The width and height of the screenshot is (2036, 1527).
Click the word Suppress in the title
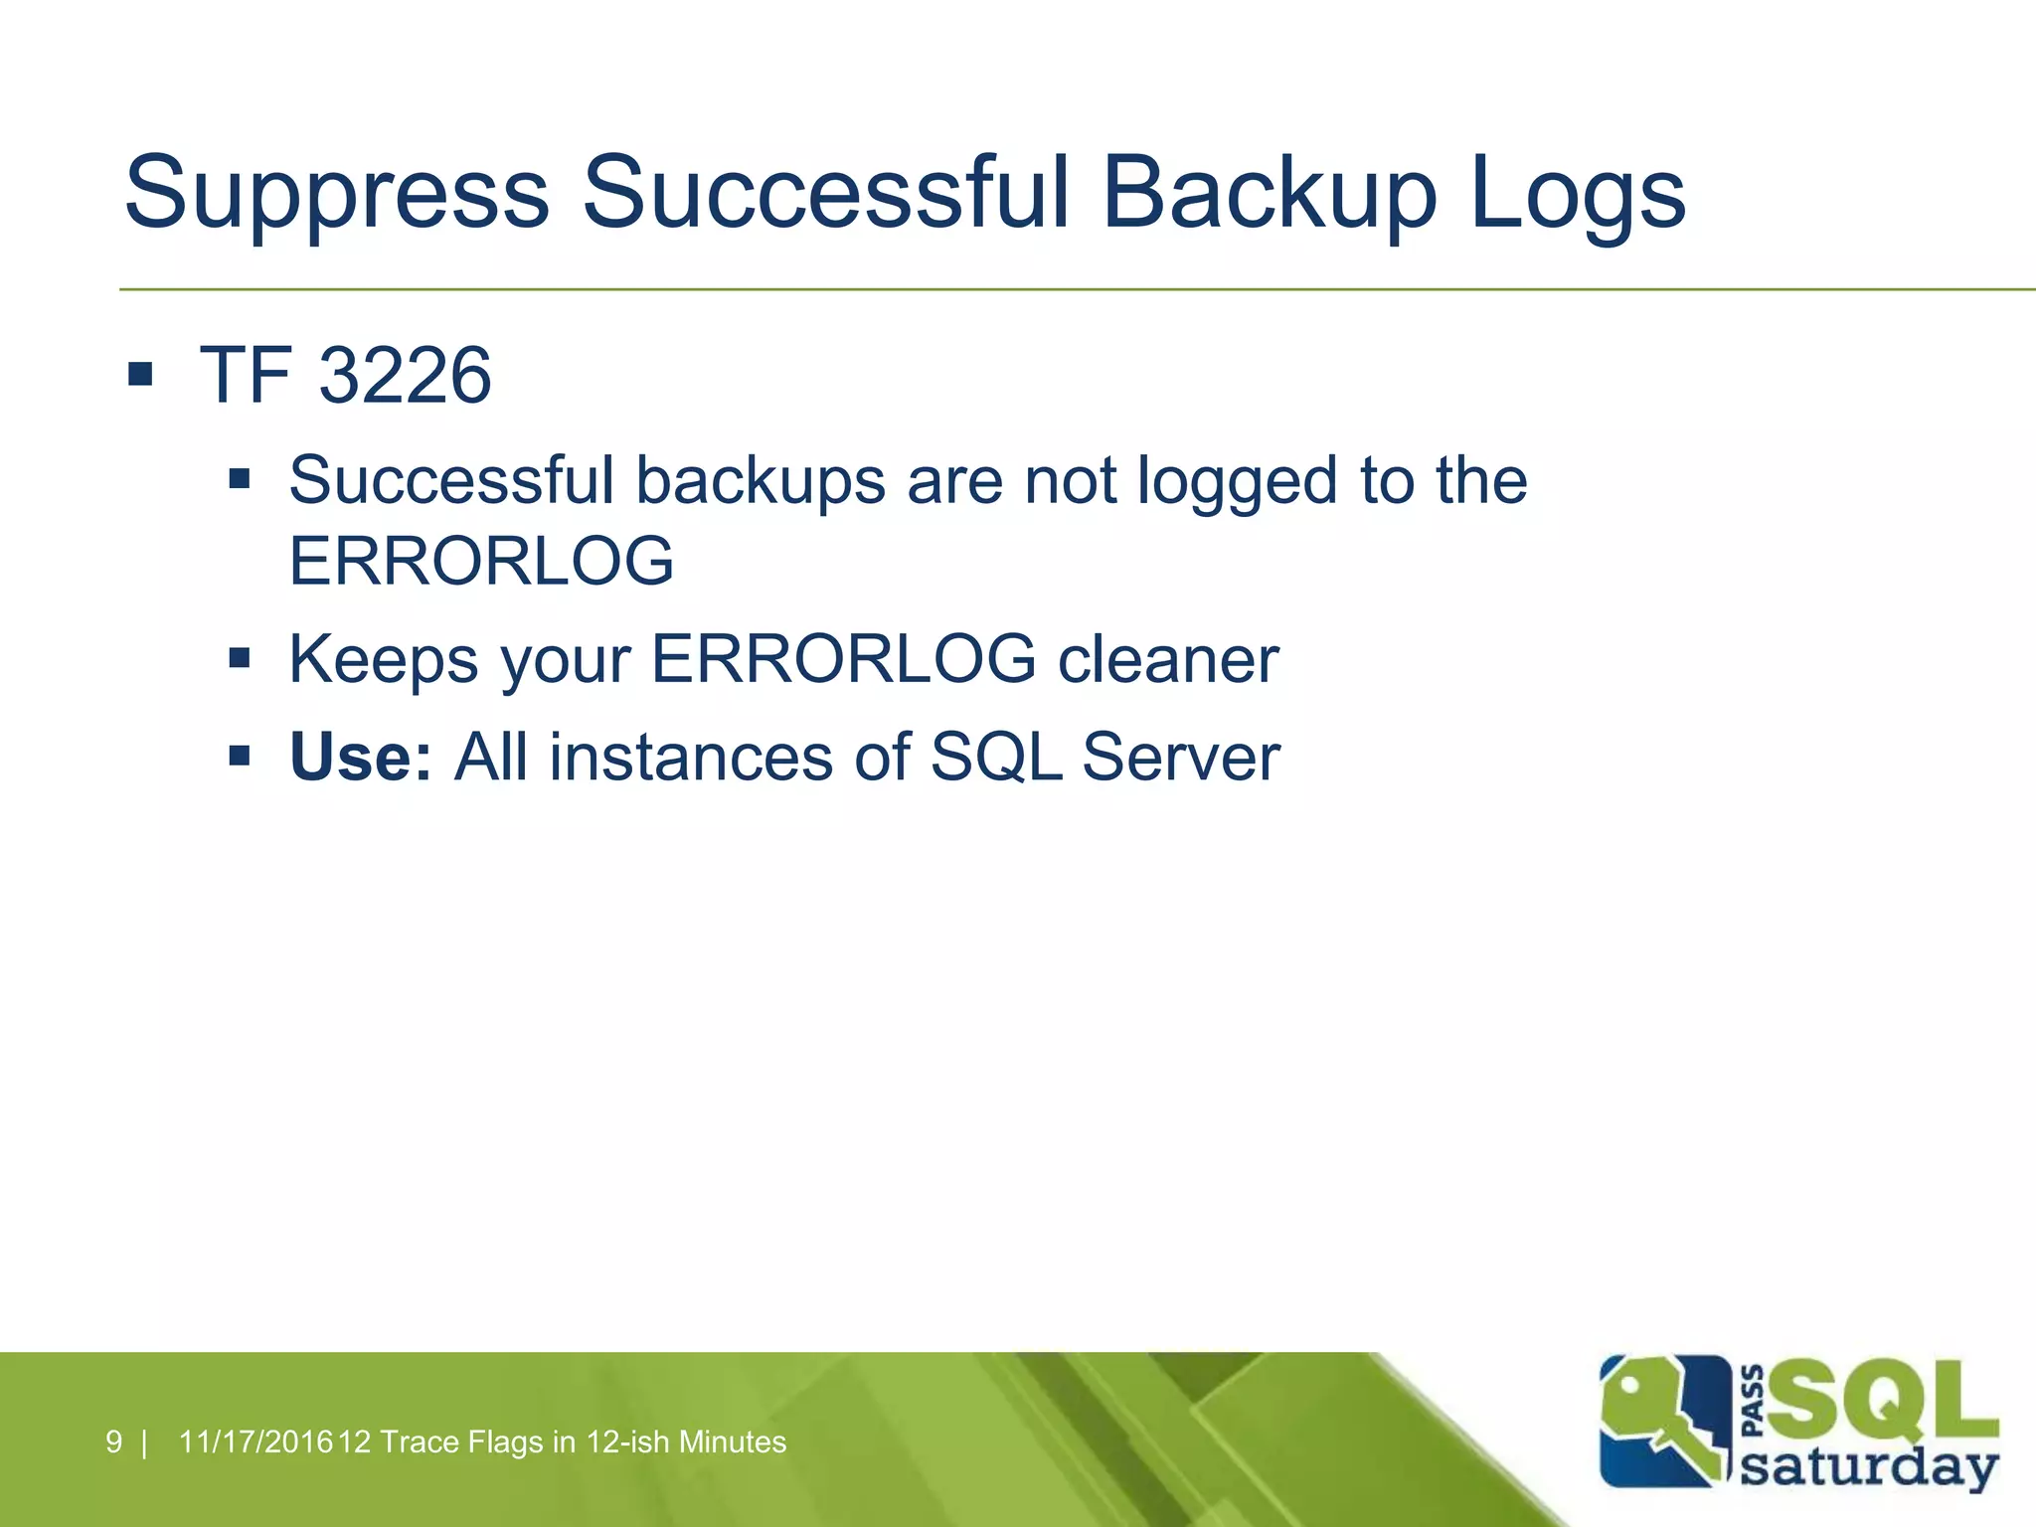pyautogui.click(x=336, y=194)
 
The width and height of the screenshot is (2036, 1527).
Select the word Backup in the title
pyautogui.click(x=1269, y=194)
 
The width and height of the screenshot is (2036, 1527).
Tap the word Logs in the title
pyautogui.click(x=1577, y=194)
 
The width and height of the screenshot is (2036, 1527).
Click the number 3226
pyautogui.click(x=405, y=376)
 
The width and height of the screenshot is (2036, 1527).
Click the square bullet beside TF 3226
pyautogui.click(x=140, y=375)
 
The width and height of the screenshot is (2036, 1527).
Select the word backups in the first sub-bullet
pyautogui.click(x=761, y=481)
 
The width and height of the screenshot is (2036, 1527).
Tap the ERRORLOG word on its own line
pyautogui.click(x=481, y=561)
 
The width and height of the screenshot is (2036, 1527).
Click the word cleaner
pyautogui.click(x=1168, y=660)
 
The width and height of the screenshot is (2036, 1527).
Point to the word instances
pyautogui.click(x=690, y=758)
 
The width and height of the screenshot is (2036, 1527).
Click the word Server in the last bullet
pyautogui.click(x=1181, y=758)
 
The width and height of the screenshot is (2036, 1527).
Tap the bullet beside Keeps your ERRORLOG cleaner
pyautogui.click(x=239, y=657)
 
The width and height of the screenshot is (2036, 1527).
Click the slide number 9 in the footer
pyautogui.click(x=113, y=1442)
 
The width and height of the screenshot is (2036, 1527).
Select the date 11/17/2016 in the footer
pyautogui.click(x=255, y=1442)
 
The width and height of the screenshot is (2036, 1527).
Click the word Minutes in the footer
pyautogui.click(x=732, y=1442)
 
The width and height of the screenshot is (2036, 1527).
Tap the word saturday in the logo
pyautogui.click(x=1869, y=1467)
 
